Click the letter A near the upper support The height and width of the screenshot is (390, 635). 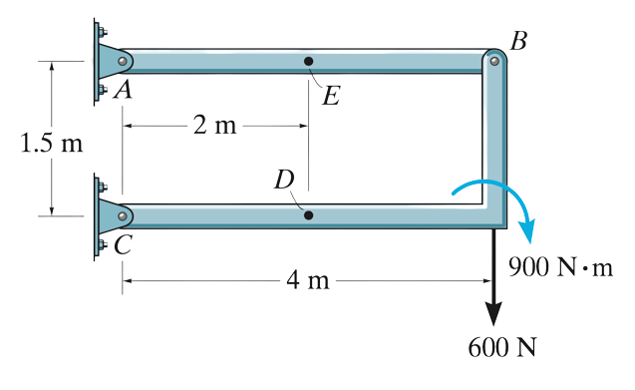tap(124, 91)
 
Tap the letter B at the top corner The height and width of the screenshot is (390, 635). tap(518, 41)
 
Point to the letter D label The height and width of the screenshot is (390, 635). tap(286, 181)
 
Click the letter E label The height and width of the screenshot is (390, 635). tap(331, 96)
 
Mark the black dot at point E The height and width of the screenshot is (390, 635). tap(309, 62)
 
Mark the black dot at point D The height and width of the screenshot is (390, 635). tap(308, 214)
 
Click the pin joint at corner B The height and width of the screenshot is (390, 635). tap(493, 61)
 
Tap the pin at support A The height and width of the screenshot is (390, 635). tap(121, 62)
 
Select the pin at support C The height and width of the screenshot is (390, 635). tap(121, 214)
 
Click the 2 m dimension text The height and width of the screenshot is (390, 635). tap(213, 126)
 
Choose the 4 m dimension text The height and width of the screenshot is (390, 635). tap(307, 280)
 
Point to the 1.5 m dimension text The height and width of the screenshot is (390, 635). tap(51, 142)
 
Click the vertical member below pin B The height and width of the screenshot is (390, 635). tap(493, 140)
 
